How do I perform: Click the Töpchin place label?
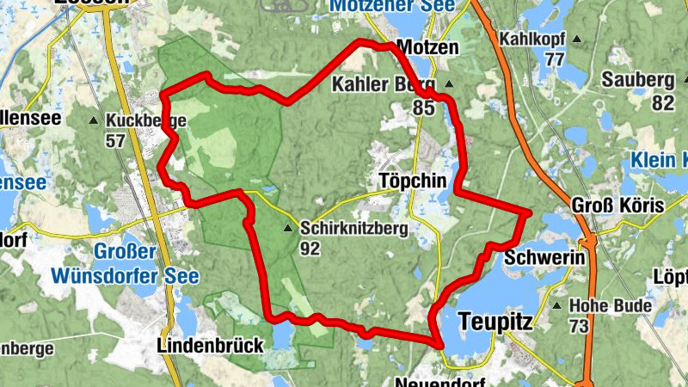[x=411, y=181]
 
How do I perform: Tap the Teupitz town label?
[x=496, y=321]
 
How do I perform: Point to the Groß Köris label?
[x=617, y=206]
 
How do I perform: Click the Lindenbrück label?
[x=211, y=346]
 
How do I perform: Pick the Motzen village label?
[x=429, y=48]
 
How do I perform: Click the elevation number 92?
[x=310, y=248]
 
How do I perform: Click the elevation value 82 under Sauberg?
[x=662, y=102]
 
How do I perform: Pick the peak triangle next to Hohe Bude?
[x=558, y=305]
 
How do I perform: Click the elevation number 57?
[x=115, y=141]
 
